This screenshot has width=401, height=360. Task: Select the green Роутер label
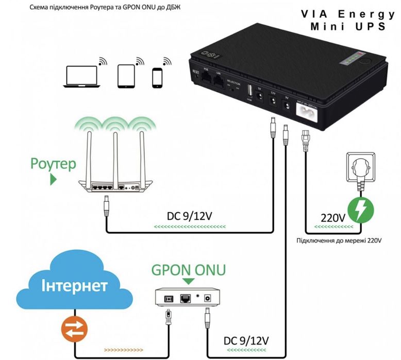pyautogui.click(x=53, y=164)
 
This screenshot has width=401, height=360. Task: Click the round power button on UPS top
pyautogui.click(x=367, y=60)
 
